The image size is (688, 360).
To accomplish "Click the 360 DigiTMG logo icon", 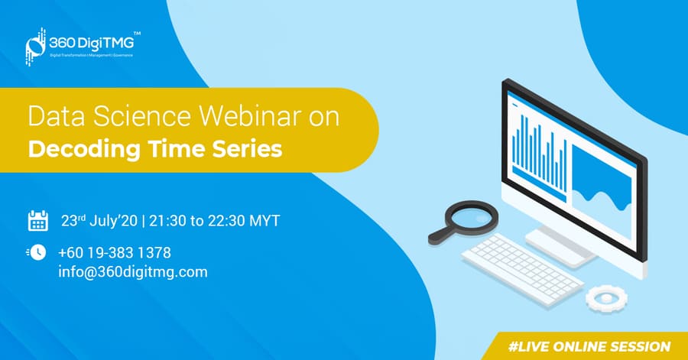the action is click(x=35, y=47).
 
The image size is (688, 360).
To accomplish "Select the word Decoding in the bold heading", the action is click(x=84, y=150).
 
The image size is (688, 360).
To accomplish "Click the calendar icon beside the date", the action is click(x=38, y=221).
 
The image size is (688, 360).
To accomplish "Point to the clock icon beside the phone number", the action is click(x=37, y=252).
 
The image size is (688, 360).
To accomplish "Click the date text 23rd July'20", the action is click(x=99, y=221).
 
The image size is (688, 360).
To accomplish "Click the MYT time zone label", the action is click(x=264, y=221).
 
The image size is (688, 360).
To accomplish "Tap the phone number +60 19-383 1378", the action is click(x=115, y=252).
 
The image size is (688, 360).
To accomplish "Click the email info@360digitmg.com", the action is click(x=133, y=272).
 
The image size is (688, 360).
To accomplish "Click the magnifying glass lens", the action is click(x=472, y=217).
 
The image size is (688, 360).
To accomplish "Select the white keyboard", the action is click(x=523, y=269).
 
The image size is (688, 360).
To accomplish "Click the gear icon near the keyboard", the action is click(x=606, y=299).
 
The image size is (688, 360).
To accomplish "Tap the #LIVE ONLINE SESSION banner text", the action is click(x=589, y=346).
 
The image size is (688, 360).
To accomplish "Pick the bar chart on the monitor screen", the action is click(x=540, y=154).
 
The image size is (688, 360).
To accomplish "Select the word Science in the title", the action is click(x=141, y=116).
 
